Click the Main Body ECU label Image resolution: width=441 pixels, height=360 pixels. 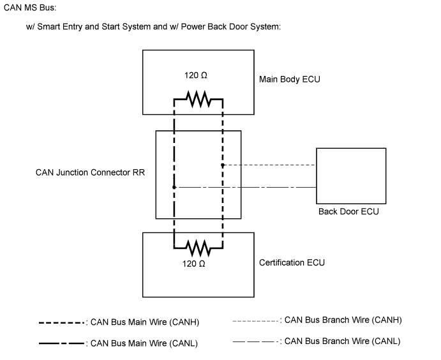[289, 80]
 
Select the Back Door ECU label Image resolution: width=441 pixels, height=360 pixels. [348, 211]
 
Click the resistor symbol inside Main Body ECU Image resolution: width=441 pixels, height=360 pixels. [197, 99]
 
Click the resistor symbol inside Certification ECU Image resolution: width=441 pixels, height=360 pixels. [197, 246]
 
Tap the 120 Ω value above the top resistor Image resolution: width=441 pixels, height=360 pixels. [196, 75]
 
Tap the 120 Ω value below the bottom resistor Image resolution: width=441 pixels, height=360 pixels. [196, 263]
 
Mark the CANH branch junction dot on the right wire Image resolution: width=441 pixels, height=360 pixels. [222, 165]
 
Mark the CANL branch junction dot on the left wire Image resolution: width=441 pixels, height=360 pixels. [174, 187]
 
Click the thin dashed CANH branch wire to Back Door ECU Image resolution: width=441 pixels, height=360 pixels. [268, 165]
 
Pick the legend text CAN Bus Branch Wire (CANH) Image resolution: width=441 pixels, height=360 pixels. [343, 320]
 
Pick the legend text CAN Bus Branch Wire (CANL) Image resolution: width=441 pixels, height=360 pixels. [342, 341]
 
